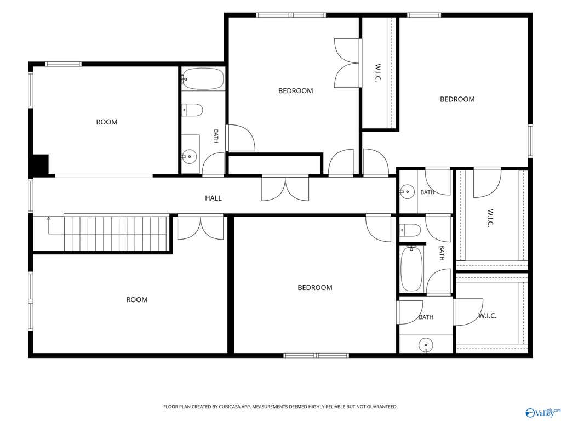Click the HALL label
(213, 198)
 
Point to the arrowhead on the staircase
(49, 218)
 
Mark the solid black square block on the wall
(41, 164)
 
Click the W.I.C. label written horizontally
(487, 316)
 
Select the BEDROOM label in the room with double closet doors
(295, 91)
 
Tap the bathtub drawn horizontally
(203, 79)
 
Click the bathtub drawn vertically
(412, 269)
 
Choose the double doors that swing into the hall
(285, 188)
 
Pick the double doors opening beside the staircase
(201, 227)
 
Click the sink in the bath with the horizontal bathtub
(188, 156)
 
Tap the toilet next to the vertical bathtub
(410, 230)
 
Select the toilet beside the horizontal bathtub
(192, 110)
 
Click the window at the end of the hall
(31, 196)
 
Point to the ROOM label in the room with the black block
(107, 122)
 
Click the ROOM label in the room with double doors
(136, 300)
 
